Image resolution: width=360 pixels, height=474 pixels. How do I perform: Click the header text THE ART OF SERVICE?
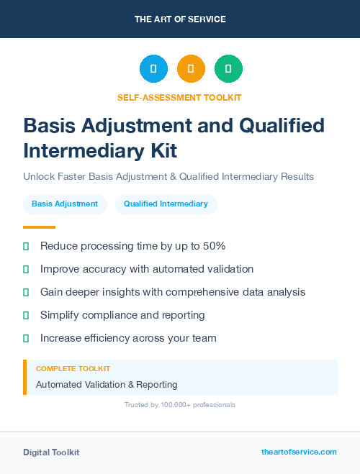pos(180,19)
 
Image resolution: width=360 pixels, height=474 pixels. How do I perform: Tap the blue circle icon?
pos(153,69)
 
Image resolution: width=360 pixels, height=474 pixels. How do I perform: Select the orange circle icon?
pos(191,69)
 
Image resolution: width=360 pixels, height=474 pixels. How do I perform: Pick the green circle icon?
pos(228,69)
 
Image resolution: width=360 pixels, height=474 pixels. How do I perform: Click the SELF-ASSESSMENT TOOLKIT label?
pos(179,97)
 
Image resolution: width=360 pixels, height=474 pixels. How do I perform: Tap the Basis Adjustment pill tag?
pos(65,204)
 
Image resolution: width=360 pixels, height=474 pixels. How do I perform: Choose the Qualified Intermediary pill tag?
pos(166,204)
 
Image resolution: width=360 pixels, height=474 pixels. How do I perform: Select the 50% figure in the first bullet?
pos(212,246)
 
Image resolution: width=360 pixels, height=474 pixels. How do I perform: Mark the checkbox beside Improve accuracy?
pos(26,269)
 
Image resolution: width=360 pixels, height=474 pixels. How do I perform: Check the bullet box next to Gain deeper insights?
pos(26,292)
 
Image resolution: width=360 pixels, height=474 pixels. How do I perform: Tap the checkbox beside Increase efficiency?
pos(26,338)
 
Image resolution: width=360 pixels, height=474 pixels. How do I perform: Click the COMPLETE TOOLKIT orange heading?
pos(73,369)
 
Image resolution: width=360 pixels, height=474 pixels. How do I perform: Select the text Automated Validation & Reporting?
pos(107,385)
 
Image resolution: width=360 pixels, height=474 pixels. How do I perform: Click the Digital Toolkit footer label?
pos(51,452)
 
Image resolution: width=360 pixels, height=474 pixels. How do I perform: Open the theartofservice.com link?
pos(299,452)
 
